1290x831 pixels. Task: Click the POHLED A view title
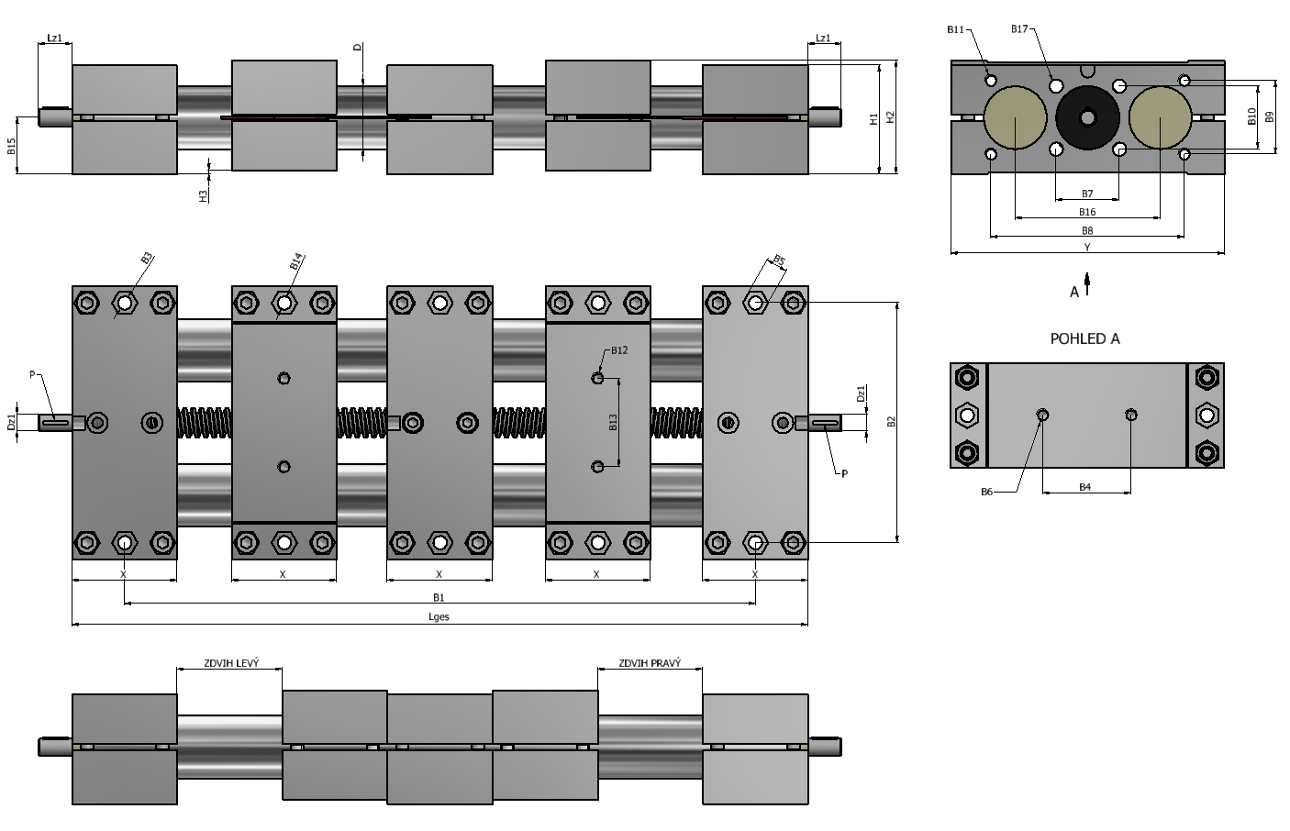[1085, 338]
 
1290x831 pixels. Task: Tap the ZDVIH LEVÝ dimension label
[231, 663]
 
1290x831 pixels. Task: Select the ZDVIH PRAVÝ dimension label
[650, 663]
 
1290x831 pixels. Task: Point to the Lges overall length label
[439, 616]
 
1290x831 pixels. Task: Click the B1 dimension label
[439, 597]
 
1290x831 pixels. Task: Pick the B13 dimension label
[613, 422]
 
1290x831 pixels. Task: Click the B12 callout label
[619, 350]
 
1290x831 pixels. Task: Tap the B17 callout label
[1019, 28]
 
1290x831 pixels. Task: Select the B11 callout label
[955, 29]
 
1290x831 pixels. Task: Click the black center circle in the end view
[1087, 118]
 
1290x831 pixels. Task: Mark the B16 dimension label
[1087, 212]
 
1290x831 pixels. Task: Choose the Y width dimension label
[1087, 247]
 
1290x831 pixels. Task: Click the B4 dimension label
[1085, 487]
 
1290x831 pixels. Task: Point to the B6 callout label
[986, 492]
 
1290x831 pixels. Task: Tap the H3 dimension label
[203, 196]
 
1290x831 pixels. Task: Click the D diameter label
[358, 47]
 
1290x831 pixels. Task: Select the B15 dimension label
[11, 146]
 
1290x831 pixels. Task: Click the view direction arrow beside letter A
[1087, 284]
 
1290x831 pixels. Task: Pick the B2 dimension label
[892, 422]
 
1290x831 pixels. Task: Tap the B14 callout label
[296, 261]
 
